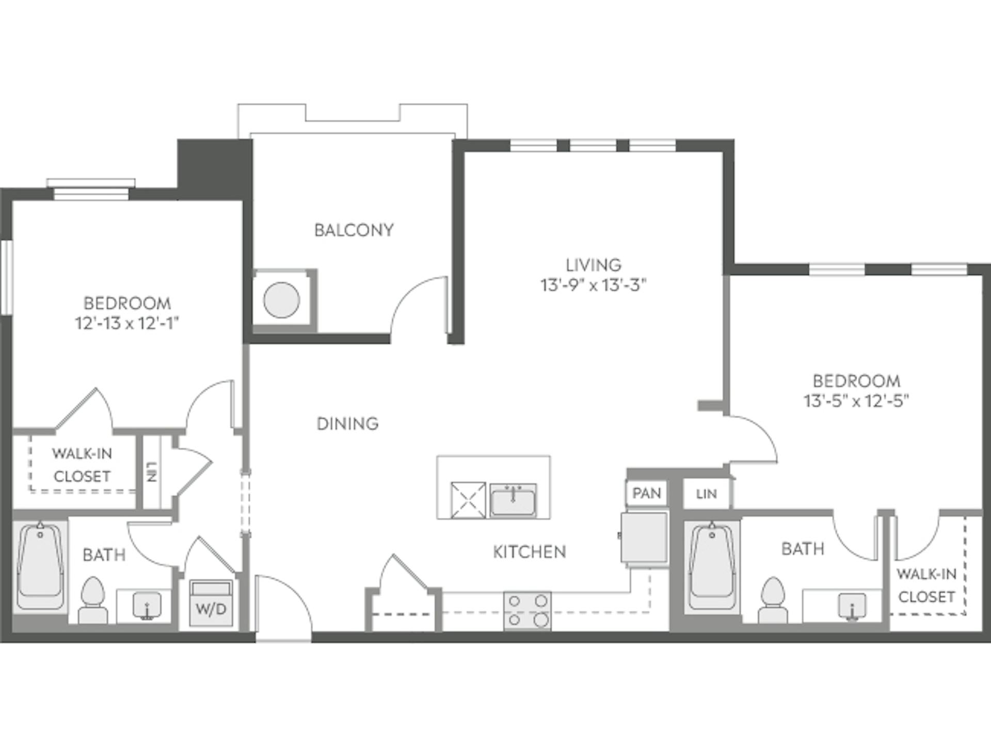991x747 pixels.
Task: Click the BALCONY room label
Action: click(x=354, y=230)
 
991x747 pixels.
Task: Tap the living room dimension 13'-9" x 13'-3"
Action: click(x=593, y=285)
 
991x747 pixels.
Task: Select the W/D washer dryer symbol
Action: click(x=211, y=603)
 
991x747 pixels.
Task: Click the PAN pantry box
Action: click(x=646, y=493)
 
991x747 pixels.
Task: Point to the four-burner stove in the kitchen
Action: click(x=527, y=610)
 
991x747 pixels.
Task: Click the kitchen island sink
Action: click(x=513, y=500)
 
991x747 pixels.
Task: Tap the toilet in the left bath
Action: click(x=93, y=600)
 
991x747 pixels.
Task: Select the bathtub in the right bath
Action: click(x=712, y=567)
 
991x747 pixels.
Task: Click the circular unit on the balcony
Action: click(x=281, y=300)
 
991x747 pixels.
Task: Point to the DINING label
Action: click(x=347, y=423)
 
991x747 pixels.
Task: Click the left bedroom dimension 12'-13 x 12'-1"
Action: click(x=127, y=324)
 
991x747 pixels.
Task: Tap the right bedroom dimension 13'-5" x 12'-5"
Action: click(x=856, y=401)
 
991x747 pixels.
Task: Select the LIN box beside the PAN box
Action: click(x=706, y=494)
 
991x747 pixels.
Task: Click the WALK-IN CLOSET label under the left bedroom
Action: click(x=82, y=465)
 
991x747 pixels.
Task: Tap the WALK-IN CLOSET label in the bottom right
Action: click(x=926, y=585)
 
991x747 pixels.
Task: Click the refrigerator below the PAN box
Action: click(x=644, y=537)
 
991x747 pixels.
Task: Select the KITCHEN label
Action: click(x=529, y=552)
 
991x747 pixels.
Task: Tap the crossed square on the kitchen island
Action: click(x=468, y=500)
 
